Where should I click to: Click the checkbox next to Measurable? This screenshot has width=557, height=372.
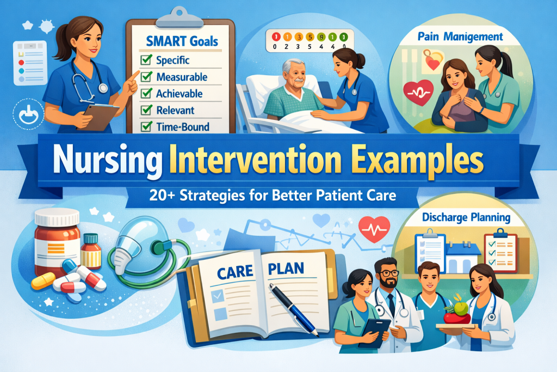click(146, 77)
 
